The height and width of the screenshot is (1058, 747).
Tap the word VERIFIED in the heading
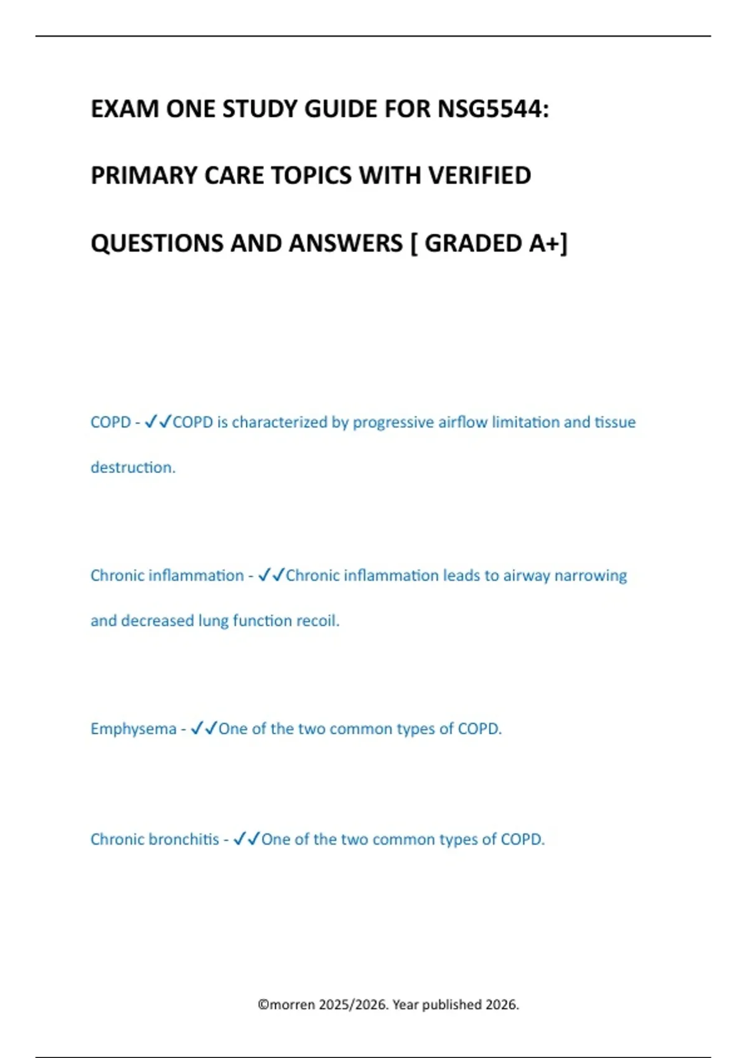[x=479, y=176]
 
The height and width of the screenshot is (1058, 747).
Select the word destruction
[x=133, y=467]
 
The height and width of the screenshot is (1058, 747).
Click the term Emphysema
[x=133, y=729]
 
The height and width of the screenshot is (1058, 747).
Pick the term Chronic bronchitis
[x=154, y=840]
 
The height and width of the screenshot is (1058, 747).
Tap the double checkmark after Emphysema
[x=204, y=728]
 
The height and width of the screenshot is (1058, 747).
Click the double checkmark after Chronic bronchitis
[x=247, y=839]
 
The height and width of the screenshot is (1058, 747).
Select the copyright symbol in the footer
[x=263, y=1004]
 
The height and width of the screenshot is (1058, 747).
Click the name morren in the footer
[x=292, y=1004]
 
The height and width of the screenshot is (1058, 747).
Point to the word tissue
[x=615, y=423]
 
